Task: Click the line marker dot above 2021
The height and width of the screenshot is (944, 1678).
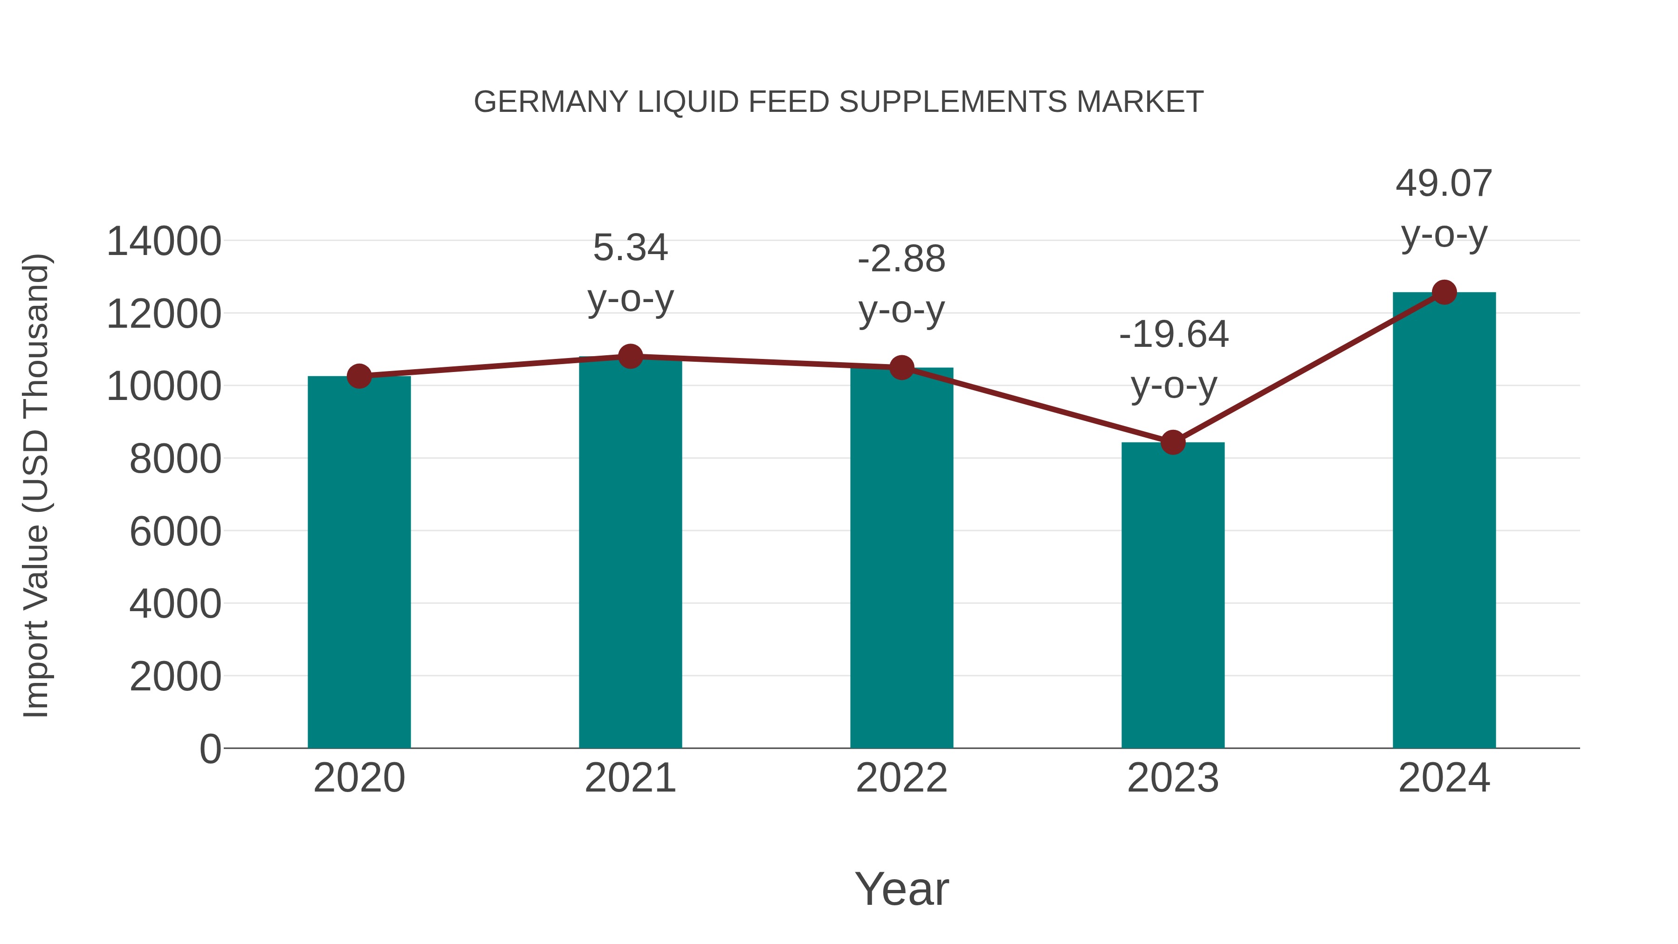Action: point(630,356)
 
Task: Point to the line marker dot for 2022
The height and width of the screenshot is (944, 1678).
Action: point(901,367)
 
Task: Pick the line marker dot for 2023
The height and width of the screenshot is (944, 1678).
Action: point(1173,442)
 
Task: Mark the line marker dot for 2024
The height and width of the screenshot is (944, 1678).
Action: point(1444,292)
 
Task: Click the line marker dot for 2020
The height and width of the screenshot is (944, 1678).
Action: point(359,376)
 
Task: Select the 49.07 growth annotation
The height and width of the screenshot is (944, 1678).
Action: point(1444,184)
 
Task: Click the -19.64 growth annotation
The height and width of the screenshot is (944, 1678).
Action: point(1173,335)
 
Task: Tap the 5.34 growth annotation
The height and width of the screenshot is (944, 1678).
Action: point(630,248)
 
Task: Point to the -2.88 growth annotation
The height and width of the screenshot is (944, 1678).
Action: point(901,259)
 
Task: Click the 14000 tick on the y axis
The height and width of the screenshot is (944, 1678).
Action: point(164,241)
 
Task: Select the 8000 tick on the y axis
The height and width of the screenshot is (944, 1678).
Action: point(175,459)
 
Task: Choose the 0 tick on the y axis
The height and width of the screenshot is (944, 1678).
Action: point(210,749)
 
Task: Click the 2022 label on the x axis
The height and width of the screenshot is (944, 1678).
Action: point(901,778)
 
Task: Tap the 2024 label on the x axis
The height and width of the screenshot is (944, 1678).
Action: point(1444,778)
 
